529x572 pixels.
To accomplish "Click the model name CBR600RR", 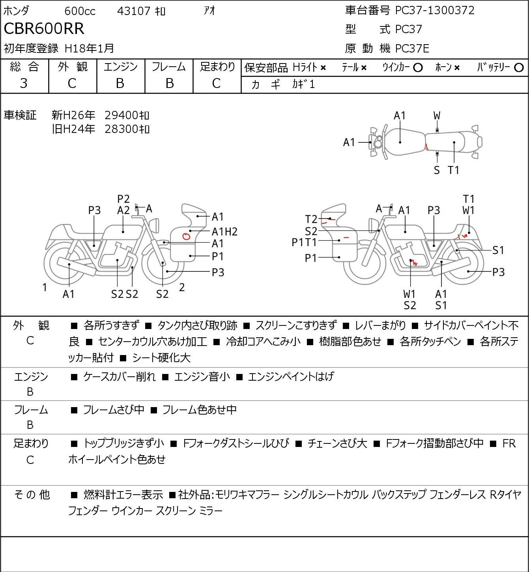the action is (x=44, y=28).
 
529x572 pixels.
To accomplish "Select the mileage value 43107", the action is (x=134, y=11).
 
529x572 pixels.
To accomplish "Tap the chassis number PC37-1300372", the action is (x=435, y=10).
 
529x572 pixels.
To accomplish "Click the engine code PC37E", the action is (x=412, y=49).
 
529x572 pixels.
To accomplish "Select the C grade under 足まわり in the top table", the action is (x=217, y=84).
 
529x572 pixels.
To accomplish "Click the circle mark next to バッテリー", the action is (x=519, y=68).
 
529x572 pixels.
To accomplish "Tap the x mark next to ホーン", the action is (x=456, y=68).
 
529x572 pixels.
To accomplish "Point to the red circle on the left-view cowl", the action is (x=187, y=236).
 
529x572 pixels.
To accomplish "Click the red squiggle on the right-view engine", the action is (x=414, y=262).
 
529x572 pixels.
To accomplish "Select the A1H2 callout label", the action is (x=224, y=232).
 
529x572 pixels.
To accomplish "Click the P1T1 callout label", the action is (x=304, y=242).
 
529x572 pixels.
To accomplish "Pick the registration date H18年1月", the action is (x=89, y=49).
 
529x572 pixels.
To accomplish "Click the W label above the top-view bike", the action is (x=437, y=116).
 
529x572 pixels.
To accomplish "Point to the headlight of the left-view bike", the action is (x=155, y=225).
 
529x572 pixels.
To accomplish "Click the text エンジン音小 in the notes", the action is (x=202, y=377).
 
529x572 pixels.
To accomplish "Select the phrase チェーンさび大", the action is (x=337, y=443).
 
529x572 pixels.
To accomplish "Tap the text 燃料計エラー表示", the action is (x=123, y=495).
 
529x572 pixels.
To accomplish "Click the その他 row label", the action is (x=32, y=495).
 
